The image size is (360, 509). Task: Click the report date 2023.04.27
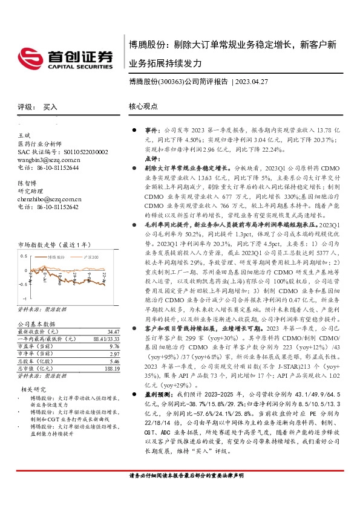coord(253,82)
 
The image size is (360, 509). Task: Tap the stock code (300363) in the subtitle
coord(170,82)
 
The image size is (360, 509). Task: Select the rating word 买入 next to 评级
coord(50,106)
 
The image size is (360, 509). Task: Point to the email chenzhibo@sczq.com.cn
coord(50,198)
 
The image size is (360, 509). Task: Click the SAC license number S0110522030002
coord(82,152)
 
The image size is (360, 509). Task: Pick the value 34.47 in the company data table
coord(113,332)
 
